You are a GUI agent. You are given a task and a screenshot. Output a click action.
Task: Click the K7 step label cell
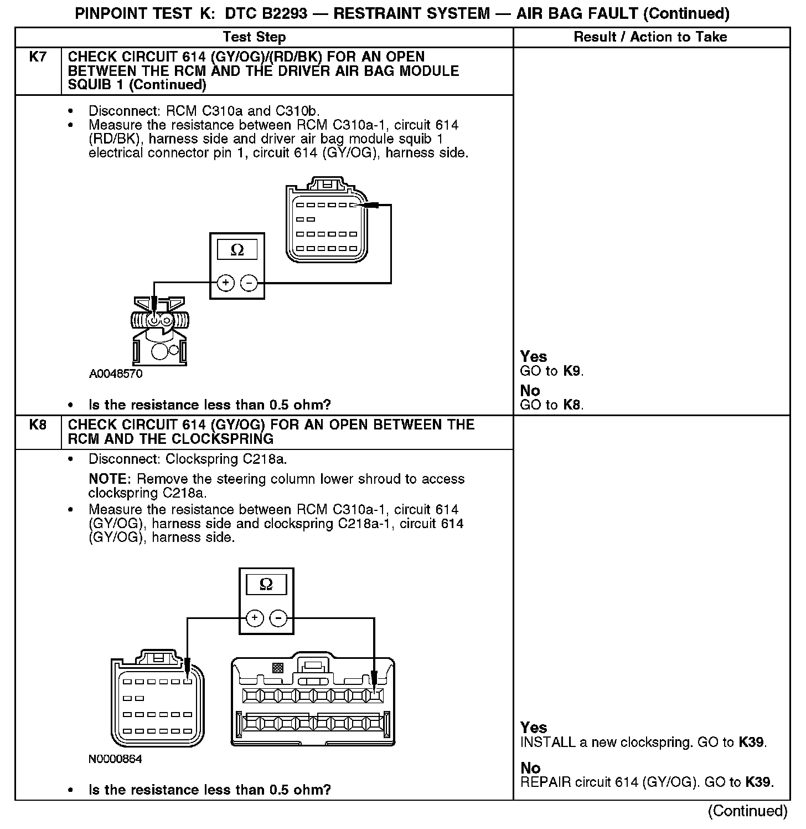[x=37, y=57]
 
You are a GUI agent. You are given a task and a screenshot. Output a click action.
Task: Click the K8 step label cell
[x=37, y=425]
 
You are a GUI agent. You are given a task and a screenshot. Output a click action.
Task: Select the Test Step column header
[x=254, y=37]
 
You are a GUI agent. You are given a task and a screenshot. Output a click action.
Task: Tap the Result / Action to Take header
[x=650, y=37]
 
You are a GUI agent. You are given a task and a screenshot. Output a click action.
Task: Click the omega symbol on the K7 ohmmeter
[x=237, y=250]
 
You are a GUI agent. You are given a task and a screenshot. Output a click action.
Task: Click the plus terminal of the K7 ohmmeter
[x=225, y=283]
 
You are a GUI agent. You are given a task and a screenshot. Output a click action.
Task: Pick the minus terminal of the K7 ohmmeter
[x=249, y=283]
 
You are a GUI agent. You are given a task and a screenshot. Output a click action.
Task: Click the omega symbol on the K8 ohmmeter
[x=266, y=585]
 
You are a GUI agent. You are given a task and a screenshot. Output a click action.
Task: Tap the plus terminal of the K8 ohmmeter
[x=254, y=618]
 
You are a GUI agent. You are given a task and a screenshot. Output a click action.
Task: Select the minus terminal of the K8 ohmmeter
[x=278, y=618]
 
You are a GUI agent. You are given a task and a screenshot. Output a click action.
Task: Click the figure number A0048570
[x=116, y=374]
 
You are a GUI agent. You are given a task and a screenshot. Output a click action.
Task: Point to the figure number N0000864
[x=115, y=759]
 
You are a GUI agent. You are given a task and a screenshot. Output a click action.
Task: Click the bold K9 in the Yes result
[x=572, y=371]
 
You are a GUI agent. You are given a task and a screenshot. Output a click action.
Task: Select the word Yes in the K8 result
[x=534, y=728]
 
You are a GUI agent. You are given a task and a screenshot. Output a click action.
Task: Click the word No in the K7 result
[x=530, y=391]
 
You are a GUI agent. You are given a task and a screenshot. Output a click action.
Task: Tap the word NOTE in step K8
[x=109, y=479]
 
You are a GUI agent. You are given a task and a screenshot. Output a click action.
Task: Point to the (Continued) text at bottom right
[x=747, y=811]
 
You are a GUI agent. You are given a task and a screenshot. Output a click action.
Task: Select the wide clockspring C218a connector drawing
[x=313, y=701]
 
